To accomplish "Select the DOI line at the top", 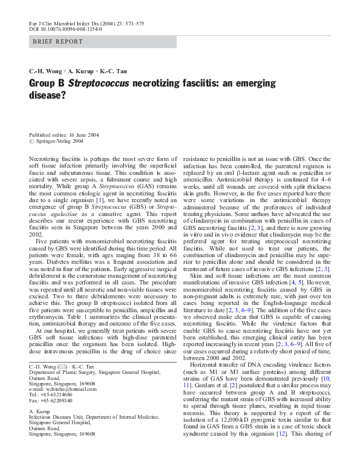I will tap(65, 28).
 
